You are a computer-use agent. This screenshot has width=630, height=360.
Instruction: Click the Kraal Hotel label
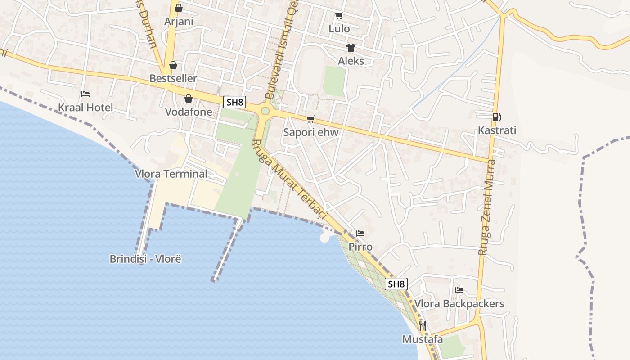[85, 108]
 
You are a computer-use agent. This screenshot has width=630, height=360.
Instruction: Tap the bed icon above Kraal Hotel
[85, 94]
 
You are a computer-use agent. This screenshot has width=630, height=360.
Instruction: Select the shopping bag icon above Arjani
[179, 8]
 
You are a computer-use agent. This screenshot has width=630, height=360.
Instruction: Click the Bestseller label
[173, 78]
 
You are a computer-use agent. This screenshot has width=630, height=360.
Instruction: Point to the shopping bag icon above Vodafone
[189, 99]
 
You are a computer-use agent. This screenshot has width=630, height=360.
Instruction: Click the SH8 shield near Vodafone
[234, 102]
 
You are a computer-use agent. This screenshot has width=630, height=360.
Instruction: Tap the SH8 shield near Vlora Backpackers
[396, 284]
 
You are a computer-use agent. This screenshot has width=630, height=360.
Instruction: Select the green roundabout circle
[265, 111]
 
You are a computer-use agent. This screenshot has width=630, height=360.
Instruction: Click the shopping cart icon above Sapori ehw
[310, 119]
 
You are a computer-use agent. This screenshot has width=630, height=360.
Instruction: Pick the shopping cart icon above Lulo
[339, 15]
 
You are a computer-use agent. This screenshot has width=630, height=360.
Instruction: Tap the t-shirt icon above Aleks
[351, 47]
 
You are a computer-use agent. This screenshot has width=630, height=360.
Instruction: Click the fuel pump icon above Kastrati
[497, 117]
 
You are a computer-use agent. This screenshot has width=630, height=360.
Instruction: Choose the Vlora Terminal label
[171, 174]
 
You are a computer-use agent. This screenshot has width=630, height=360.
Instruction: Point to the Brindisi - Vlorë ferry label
[145, 259]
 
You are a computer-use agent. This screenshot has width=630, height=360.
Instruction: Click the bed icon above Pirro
[360, 234]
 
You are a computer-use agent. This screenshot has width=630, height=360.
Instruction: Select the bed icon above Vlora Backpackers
[459, 290]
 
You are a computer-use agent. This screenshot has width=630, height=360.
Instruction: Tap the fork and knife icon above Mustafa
[422, 325]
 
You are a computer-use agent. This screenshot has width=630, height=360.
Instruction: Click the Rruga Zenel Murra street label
[487, 207]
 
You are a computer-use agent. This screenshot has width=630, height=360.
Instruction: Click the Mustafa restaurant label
[423, 339]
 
